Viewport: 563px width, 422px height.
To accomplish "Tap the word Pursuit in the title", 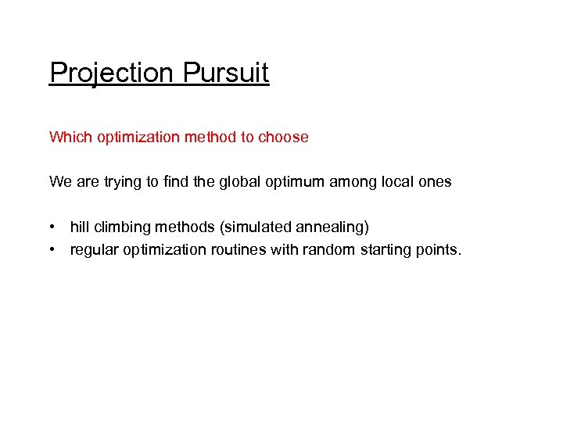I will (x=226, y=73).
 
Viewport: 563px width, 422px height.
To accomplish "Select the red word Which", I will (x=71, y=138).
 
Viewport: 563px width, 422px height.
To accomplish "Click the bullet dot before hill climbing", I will (x=52, y=227).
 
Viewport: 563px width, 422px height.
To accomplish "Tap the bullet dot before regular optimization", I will (x=52, y=250).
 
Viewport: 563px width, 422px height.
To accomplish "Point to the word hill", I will (x=78, y=227).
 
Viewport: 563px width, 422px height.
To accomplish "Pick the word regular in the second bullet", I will (x=94, y=250).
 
